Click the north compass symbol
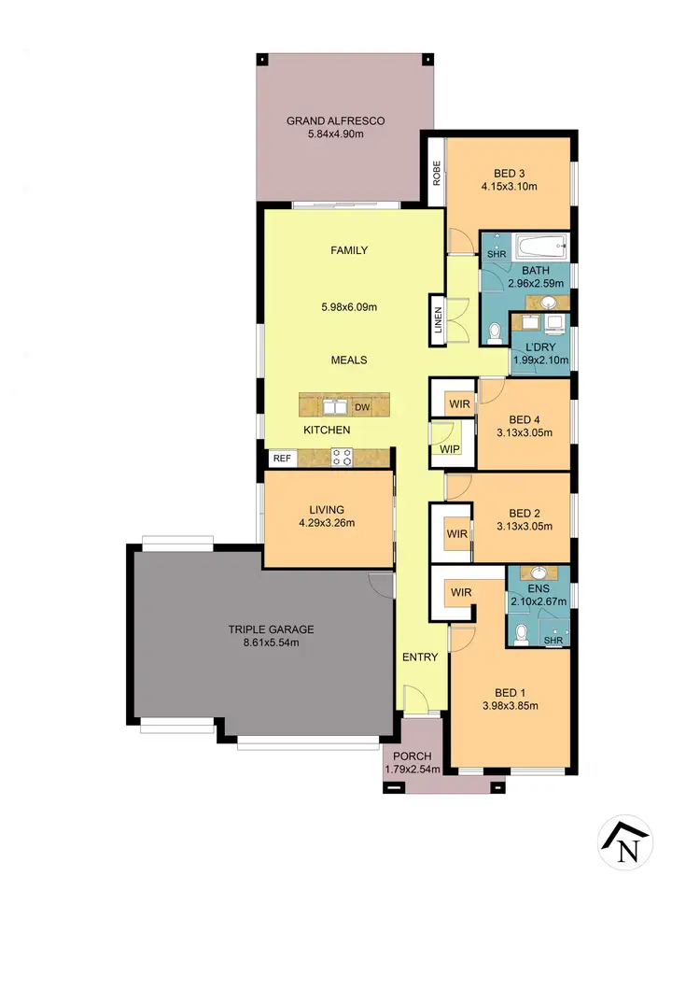(625, 843)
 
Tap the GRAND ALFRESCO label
(335, 120)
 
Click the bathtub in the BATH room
(528, 248)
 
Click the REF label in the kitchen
(281, 459)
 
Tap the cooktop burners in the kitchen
(342, 457)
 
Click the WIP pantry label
(449, 449)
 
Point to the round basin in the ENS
(538, 574)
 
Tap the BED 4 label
(525, 419)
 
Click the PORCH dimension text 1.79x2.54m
(412, 770)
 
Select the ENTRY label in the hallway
(420, 657)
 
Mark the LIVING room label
(328, 509)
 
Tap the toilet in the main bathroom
(494, 332)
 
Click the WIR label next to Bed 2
(456, 533)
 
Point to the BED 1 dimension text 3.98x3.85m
(508, 706)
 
